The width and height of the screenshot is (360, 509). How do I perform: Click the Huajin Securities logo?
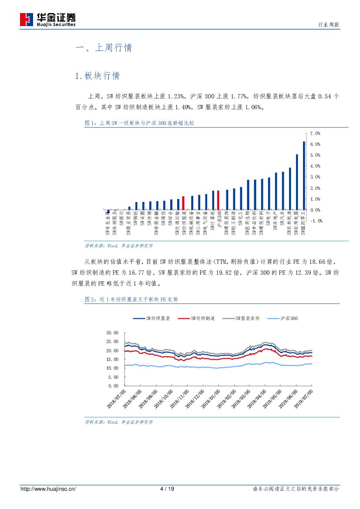(x=48, y=20)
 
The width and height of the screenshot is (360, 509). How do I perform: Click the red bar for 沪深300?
(x=218, y=200)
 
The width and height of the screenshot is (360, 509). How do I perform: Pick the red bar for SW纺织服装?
(x=183, y=203)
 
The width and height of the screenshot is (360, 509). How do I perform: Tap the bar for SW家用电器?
(x=297, y=182)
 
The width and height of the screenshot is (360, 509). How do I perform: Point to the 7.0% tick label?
(x=315, y=133)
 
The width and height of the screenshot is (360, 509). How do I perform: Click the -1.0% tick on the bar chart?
(x=316, y=221)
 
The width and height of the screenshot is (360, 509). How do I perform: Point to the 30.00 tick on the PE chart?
(x=112, y=333)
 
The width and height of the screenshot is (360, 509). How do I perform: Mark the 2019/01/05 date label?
(x=212, y=399)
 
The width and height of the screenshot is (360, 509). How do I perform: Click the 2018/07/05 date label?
(x=117, y=399)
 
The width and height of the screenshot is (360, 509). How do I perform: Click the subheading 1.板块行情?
(x=98, y=76)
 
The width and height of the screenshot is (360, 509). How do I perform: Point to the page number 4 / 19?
(x=167, y=489)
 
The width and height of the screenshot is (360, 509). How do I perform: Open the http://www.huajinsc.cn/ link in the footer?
(x=48, y=489)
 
